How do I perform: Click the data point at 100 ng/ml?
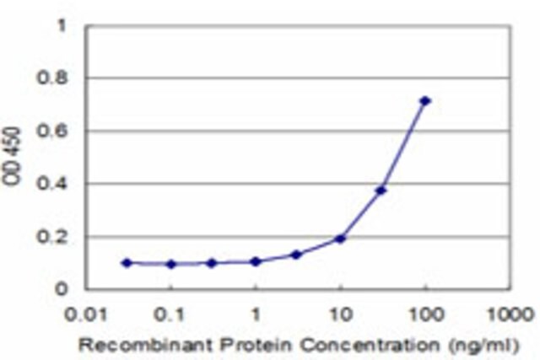coord(425,101)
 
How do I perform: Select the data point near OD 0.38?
coord(381,190)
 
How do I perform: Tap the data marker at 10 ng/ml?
coord(340,239)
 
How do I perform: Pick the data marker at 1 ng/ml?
coord(256,261)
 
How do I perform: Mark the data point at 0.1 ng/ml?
coord(171,265)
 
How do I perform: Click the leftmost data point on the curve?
coord(127,263)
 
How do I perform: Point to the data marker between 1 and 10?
coord(296,255)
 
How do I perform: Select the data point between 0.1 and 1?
coord(212,263)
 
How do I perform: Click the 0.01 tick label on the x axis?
coord(86,314)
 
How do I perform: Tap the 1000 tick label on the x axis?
coord(510,314)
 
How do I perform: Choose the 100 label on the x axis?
coord(425,314)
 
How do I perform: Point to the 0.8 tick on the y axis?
coord(52,78)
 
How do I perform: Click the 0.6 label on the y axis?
coord(52,132)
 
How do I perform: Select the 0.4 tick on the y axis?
coord(52,184)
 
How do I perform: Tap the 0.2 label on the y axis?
coord(52,237)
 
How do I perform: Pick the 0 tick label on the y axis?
coord(61,289)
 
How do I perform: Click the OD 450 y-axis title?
coord(12,156)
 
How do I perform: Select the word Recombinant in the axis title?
coord(145,345)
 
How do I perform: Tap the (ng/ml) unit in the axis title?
coord(483,346)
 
